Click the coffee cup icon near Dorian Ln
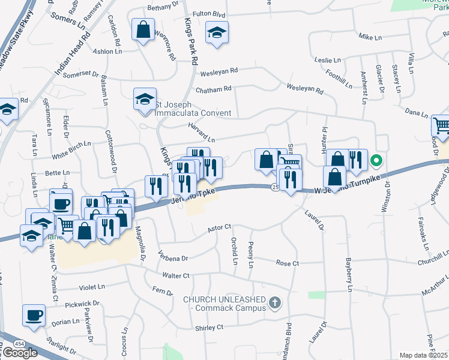[x=34, y=315]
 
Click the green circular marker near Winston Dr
[x=376, y=160]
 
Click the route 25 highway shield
[x=275, y=188]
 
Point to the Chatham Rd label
[x=213, y=89]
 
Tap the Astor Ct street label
[x=218, y=228]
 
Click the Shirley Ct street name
[x=209, y=328]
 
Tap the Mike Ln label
[x=370, y=37]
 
